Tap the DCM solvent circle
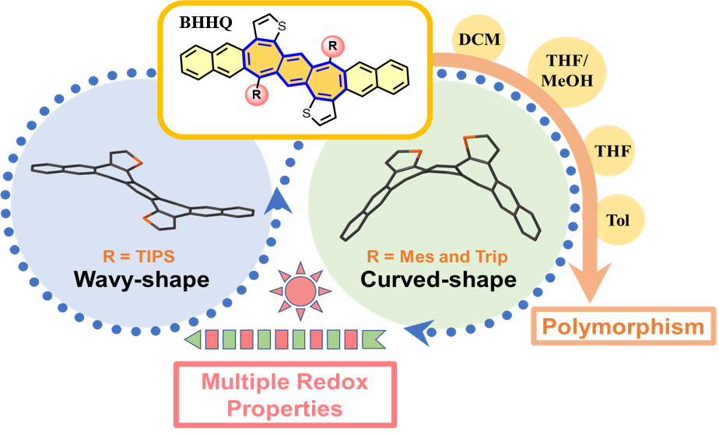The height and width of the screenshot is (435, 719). tap(475, 38)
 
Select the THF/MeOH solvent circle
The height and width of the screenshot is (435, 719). tap(559, 70)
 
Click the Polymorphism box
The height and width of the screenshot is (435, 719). tap(623, 327)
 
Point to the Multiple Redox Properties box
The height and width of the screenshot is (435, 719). tap(285, 394)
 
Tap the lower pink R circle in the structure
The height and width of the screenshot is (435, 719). tap(254, 96)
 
